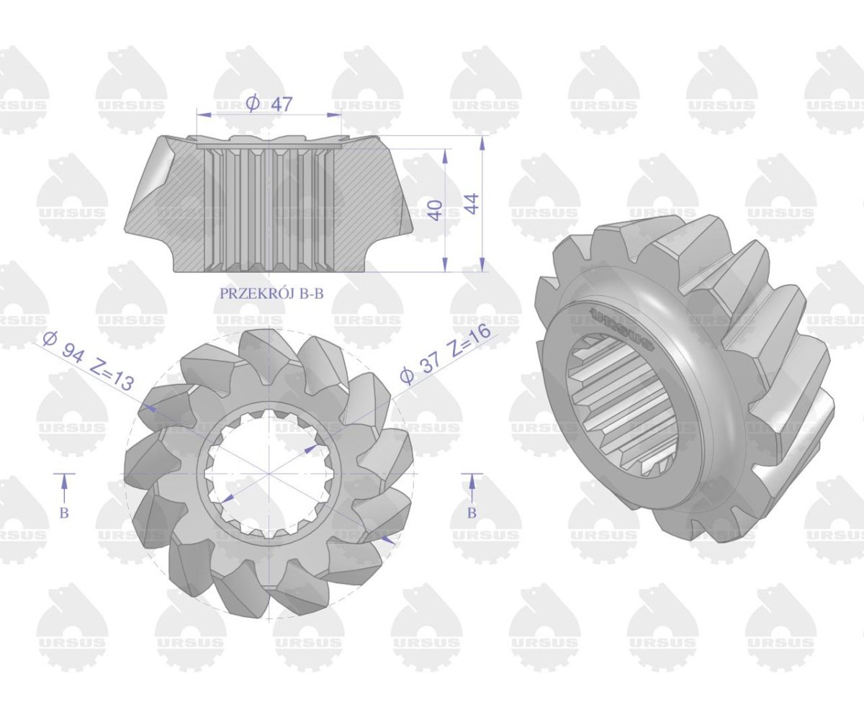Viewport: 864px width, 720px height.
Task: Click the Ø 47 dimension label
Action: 269,104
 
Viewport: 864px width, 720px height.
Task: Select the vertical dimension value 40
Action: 436,210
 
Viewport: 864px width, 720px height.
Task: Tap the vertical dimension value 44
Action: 472,204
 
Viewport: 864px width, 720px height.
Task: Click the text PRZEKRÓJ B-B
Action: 271,293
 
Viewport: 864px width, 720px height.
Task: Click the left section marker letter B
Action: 64,513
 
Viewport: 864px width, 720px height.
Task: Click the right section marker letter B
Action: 472,513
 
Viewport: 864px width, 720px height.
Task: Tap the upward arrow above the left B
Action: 64,487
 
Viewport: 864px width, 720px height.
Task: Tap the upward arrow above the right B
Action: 472,487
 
